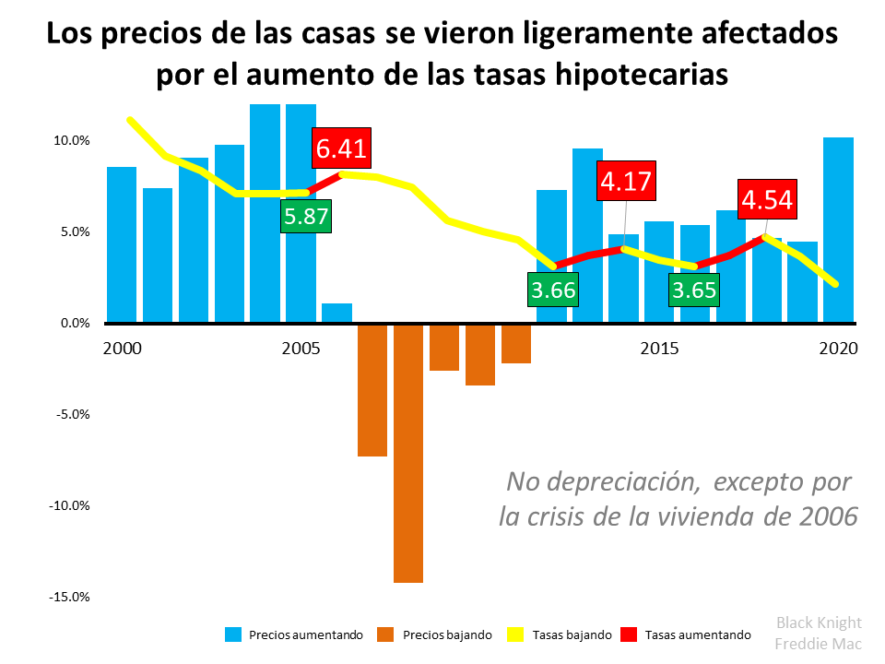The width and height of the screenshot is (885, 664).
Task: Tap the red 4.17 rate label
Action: pyautogui.click(x=626, y=181)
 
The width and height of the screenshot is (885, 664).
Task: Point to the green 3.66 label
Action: pyautogui.click(x=553, y=290)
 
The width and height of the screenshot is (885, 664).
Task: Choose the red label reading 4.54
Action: pyautogui.click(x=766, y=200)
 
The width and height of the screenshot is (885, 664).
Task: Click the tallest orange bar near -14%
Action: pyautogui.click(x=408, y=452)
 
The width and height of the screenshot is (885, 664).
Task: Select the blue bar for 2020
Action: pyautogui.click(x=838, y=231)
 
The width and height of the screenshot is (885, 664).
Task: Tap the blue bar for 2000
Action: pyautogui.click(x=122, y=244)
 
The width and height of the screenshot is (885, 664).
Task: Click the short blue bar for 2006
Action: pyautogui.click(x=336, y=313)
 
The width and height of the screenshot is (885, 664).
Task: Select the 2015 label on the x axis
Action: pyautogui.click(x=661, y=350)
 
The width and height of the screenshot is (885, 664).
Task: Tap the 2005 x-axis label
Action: pyautogui.click(x=301, y=350)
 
